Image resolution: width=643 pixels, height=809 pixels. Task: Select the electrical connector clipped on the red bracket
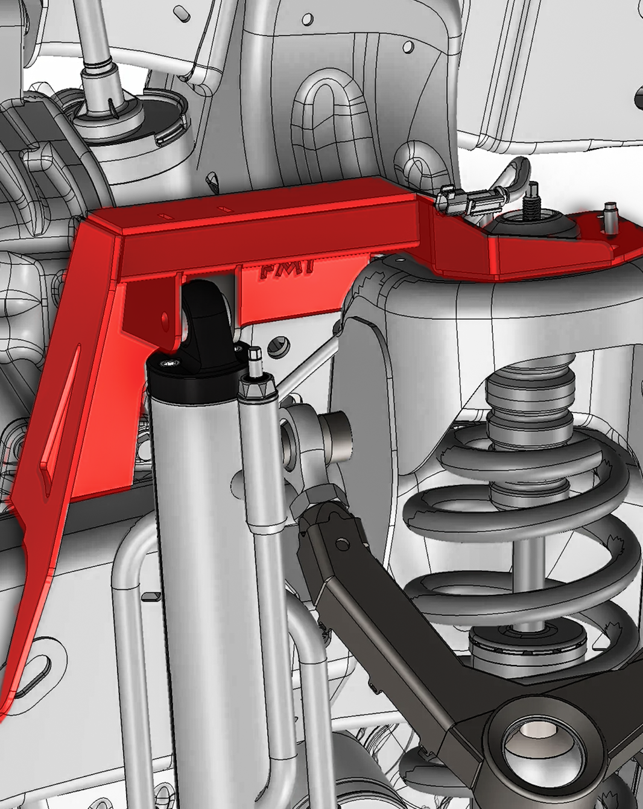pyautogui.click(x=470, y=201)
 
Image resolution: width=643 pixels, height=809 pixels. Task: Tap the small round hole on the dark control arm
pyautogui.click(x=342, y=545)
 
